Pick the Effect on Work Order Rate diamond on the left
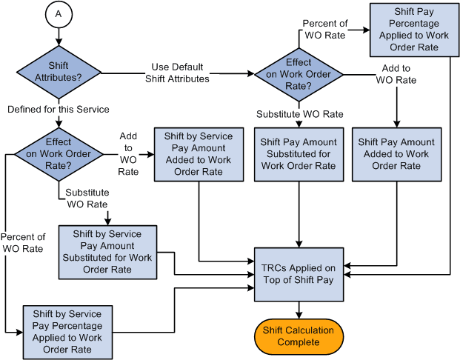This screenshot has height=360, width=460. point(58,154)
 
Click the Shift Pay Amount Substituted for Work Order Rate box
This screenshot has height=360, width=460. point(299,154)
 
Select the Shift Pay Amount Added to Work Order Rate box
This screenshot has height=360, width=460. point(393,154)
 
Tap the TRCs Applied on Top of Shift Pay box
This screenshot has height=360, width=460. point(299,273)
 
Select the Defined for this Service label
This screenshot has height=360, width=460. point(58,110)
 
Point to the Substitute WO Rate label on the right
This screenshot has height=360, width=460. point(299,114)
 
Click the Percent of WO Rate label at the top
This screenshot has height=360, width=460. point(325,29)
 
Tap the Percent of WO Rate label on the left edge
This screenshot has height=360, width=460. point(24,243)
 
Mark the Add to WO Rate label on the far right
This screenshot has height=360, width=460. point(396,74)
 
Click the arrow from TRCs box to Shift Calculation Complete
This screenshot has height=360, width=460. point(299,309)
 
